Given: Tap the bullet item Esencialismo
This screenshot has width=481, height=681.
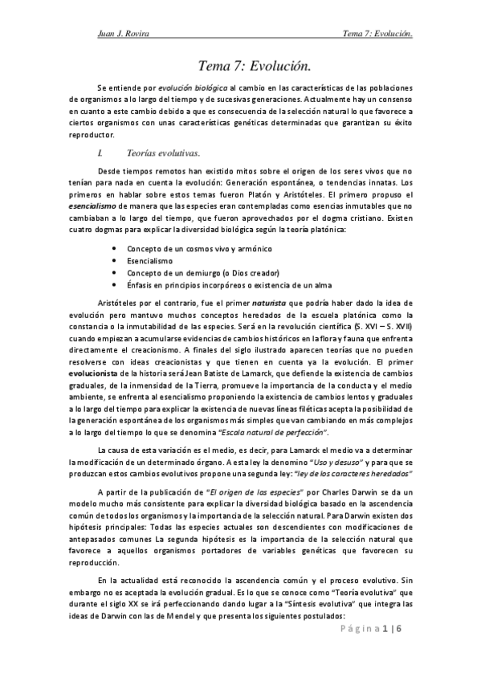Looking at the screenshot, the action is click(x=149, y=261).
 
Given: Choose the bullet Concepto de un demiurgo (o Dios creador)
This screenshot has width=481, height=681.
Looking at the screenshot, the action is click(x=208, y=273).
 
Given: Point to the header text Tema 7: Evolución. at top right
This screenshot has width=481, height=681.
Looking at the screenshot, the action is click(x=377, y=34).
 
